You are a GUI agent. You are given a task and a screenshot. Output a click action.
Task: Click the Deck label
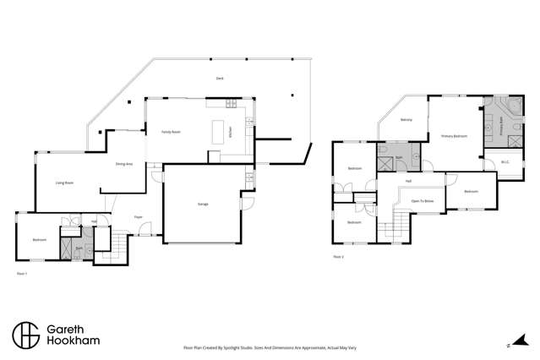[219, 79]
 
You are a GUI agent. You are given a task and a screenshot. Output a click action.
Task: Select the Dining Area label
[124, 163]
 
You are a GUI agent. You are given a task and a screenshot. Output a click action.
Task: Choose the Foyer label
[138, 217]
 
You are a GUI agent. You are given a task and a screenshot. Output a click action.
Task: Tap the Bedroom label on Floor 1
[39, 239]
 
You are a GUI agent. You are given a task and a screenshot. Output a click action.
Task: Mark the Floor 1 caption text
[23, 274]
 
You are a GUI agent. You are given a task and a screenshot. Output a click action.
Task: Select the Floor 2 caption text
[338, 255]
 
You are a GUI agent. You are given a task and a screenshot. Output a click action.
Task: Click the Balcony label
[406, 119]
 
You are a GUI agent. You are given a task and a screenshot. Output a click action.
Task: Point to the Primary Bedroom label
[454, 135]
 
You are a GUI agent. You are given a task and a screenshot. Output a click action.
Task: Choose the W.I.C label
[505, 161]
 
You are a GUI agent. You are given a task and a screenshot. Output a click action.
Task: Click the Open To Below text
[422, 201]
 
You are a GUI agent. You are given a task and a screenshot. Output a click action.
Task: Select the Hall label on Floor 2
[408, 181]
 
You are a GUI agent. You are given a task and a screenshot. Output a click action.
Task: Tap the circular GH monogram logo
[25, 334]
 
